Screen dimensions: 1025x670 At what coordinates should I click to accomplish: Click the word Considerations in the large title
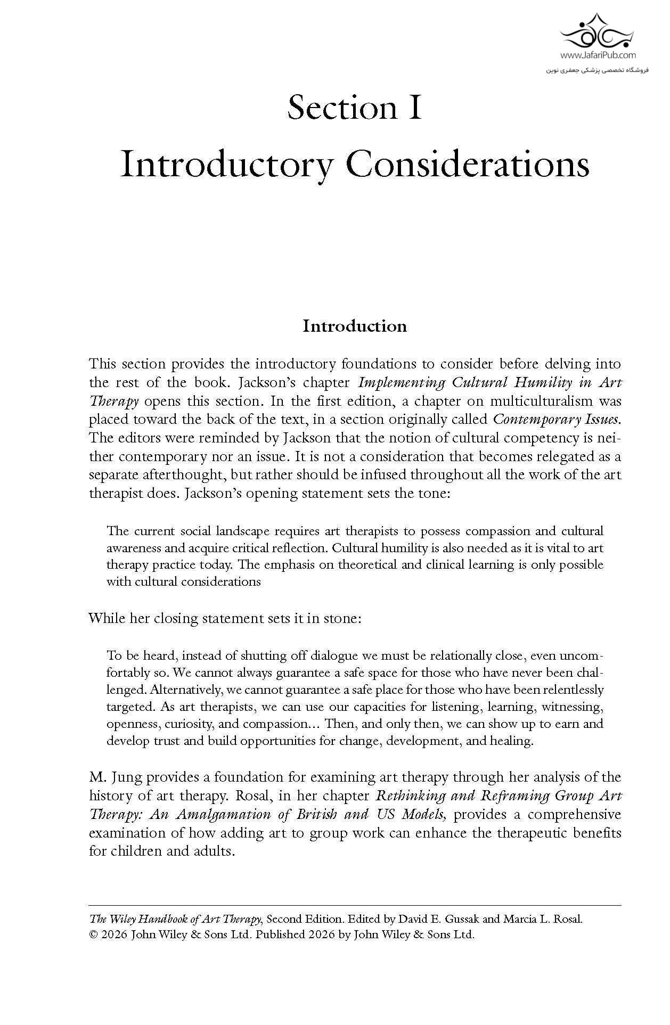click(x=468, y=166)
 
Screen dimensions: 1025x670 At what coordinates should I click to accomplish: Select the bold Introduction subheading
click(x=354, y=326)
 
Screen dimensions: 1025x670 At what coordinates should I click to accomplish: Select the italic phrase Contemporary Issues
click(x=557, y=419)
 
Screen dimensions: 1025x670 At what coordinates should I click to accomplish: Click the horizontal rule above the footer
click(x=354, y=905)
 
